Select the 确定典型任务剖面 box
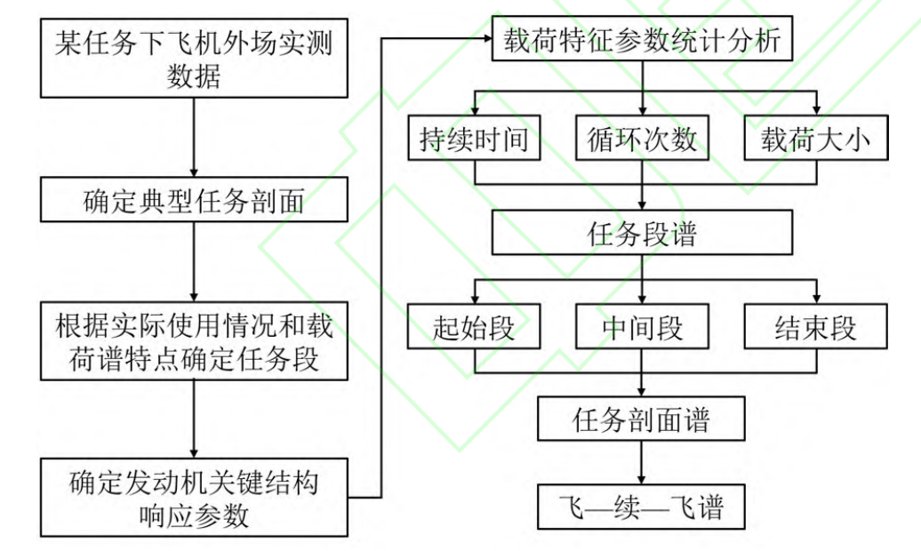[194, 203]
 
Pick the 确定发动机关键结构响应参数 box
[194, 498]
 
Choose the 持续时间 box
[474, 139]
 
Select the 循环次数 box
[641, 139]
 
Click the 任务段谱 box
[641, 234]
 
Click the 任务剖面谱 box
[641, 419]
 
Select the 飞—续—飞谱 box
[641, 507]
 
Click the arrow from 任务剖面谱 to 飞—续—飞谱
[641, 462]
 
